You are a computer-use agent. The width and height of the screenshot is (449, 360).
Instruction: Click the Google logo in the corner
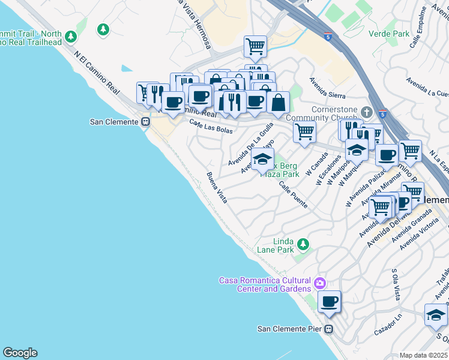(x=19, y=353)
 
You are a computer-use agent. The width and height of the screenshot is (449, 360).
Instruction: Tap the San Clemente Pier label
(x=289, y=328)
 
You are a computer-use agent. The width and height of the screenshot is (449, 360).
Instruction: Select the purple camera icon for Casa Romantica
(x=320, y=283)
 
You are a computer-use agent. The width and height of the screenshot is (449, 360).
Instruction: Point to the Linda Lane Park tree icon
(x=304, y=244)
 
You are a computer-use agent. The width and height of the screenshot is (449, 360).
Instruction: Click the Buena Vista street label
(x=217, y=188)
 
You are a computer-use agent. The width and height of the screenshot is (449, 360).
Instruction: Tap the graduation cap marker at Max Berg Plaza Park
(x=262, y=160)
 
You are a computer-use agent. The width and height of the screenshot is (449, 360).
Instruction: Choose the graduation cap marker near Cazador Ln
(x=435, y=314)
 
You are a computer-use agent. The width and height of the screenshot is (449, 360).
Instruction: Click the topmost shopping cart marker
(x=255, y=46)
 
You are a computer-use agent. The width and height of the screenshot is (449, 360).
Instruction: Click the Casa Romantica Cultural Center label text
(x=265, y=284)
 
